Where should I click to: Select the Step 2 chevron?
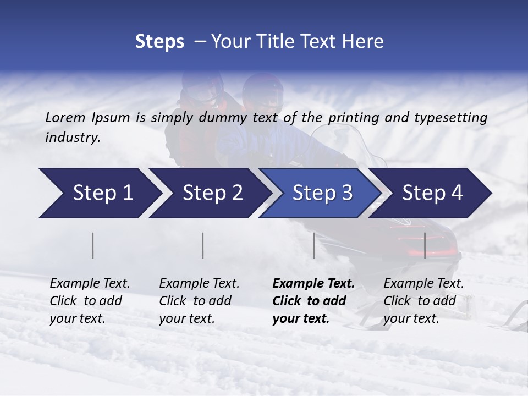point(212,193)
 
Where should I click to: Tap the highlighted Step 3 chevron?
point(322,193)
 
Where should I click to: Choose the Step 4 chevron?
point(432,193)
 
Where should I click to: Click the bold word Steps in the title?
point(159,42)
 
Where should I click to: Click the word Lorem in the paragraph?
point(65,117)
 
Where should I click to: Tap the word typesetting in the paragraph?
point(452,118)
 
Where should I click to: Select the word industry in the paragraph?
point(72,137)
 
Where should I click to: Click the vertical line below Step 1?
point(92,245)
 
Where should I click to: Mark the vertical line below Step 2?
point(203,245)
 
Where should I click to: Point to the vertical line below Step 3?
point(314,245)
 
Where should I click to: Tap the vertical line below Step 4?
point(425,245)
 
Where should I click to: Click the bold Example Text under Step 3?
point(313,284)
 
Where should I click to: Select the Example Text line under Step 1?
point(90,284)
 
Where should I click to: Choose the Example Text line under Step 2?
point(199,284)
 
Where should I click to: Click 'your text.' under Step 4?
point(411,319)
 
